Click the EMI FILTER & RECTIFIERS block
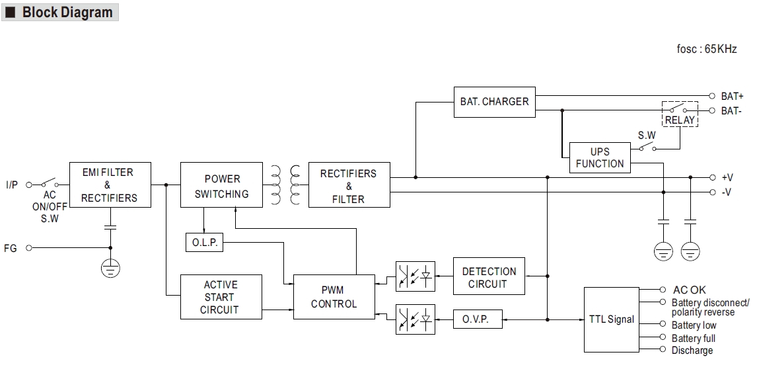110,185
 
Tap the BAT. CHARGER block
494,101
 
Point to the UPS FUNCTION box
599,157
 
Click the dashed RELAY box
680,114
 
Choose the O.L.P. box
204,243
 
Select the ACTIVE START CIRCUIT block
221,297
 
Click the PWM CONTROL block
334,297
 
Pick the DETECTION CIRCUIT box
489,277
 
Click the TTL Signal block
611,319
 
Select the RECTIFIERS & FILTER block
348,186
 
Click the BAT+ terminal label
732,97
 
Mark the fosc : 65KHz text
707,49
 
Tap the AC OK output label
689,290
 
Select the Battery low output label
694,325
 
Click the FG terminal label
11,248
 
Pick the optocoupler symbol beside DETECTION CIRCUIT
415,276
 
